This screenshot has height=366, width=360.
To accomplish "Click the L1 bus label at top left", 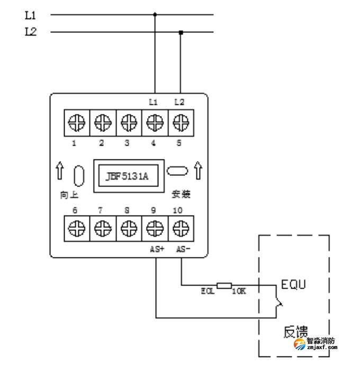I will pyautogui.click(x=31, y=15).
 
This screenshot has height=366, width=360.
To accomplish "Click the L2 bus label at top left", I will pyautogui.click(x=31, y=32).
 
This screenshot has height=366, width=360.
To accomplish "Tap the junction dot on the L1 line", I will pyautogui.click(x=155, y=14).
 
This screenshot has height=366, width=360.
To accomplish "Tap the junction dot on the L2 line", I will pyautogui.click(x=181, y=32).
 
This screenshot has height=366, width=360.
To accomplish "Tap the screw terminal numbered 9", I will pyautogui.click(x=154, y=229).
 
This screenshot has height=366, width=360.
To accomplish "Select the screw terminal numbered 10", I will pyautogui.click(x=180, y=229).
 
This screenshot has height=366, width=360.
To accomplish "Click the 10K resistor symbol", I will pyautogui.click(x=224, y=286).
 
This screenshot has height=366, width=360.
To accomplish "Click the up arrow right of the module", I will pyautogui.click(x=199, y=171).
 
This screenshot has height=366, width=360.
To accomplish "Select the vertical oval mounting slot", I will pyautogui.click(x=79, y=176).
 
